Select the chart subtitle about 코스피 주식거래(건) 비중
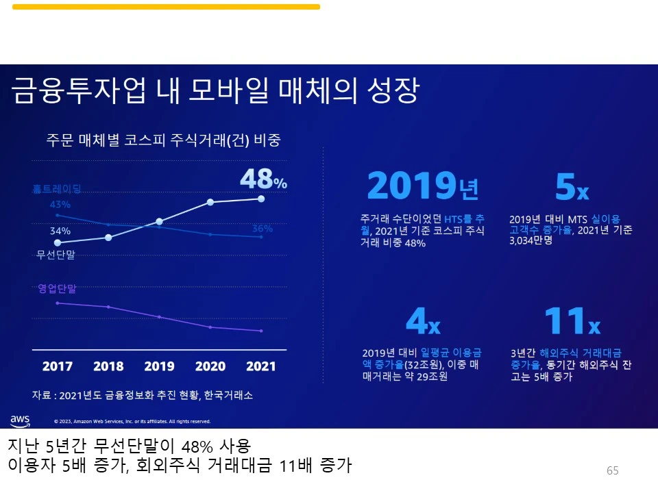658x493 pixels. click(163, 140)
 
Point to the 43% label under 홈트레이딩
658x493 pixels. click(60, 204)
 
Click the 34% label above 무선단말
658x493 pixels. click(60, 231)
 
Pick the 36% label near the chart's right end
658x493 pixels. click(262, 229)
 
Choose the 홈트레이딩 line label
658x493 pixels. click(61, 189)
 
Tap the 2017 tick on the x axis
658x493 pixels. click(58, 366)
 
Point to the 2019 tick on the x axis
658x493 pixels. click(159, 366)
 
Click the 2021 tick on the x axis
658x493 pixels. click(260, 366)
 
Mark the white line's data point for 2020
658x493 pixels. click(210, 202)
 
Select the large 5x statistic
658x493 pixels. click(571, 187)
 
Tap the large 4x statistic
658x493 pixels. click(423, 320)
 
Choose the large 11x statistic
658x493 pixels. click(571, 320)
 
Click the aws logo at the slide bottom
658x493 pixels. click(20, 420)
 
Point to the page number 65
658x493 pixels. click(612, 470)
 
